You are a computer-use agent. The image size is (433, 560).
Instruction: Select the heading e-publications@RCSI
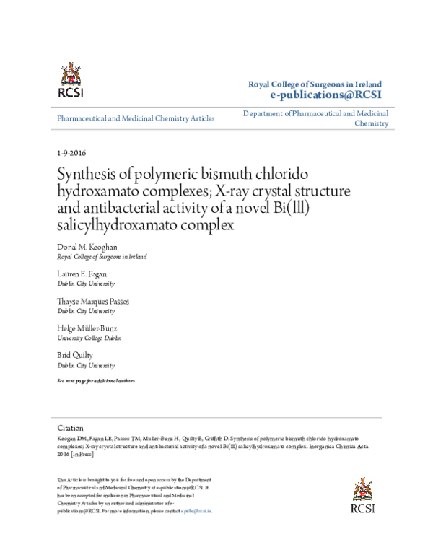325,95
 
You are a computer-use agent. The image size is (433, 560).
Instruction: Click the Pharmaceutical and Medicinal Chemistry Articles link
136,118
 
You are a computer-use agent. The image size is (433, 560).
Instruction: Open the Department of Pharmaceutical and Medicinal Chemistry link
316,118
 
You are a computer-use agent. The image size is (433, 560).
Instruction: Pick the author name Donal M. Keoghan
87,247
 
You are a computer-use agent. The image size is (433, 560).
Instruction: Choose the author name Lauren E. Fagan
82,274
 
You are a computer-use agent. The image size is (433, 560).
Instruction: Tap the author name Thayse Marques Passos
93,301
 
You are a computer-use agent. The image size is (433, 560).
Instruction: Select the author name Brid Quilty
75,356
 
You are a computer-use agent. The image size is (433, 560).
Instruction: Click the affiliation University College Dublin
89,338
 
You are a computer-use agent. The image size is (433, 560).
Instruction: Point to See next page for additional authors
95,380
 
